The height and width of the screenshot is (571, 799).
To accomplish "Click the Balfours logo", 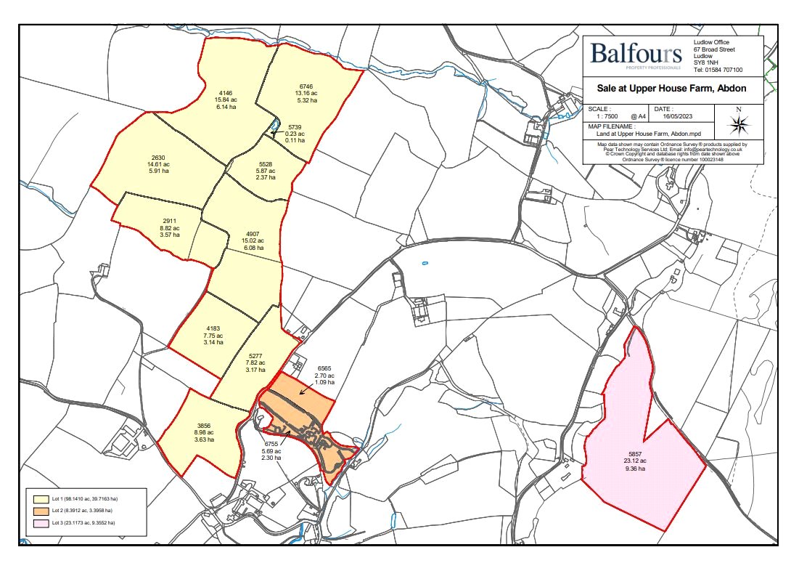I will (636, 54).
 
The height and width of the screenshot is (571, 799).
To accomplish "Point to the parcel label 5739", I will (295, 126).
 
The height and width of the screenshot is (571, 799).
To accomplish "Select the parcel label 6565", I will (324, 368).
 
